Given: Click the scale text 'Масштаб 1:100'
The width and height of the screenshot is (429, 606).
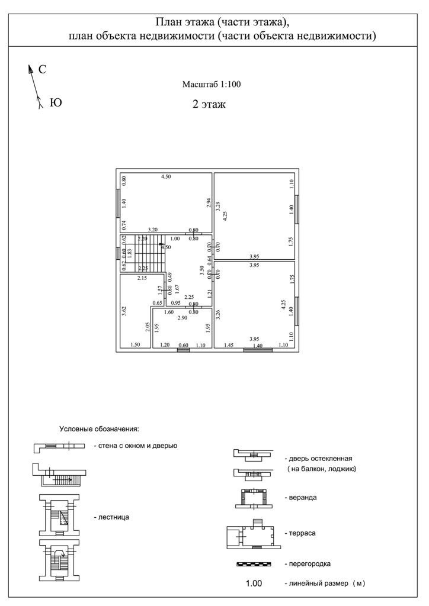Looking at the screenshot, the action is tap(212, 85).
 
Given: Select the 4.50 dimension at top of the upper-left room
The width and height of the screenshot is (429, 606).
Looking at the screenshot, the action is tap(167, 177).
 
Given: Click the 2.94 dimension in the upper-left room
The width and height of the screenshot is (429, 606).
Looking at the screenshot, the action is tap(209, 202).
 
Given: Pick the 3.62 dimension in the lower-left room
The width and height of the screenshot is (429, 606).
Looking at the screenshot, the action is tap(124, 311).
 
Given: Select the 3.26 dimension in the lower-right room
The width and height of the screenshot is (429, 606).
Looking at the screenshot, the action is tap(218, 315).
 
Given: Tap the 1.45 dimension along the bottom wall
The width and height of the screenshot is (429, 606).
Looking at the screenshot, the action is tap(229, 345).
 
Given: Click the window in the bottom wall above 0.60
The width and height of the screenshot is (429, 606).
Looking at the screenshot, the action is tap(184, 350).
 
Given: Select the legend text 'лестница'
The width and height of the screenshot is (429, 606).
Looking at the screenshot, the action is tap(111, 517).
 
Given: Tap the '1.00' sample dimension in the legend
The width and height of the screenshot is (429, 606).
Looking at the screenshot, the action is tap(254, 584).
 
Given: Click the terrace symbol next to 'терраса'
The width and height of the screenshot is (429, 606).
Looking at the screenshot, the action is tap(251, 534).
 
